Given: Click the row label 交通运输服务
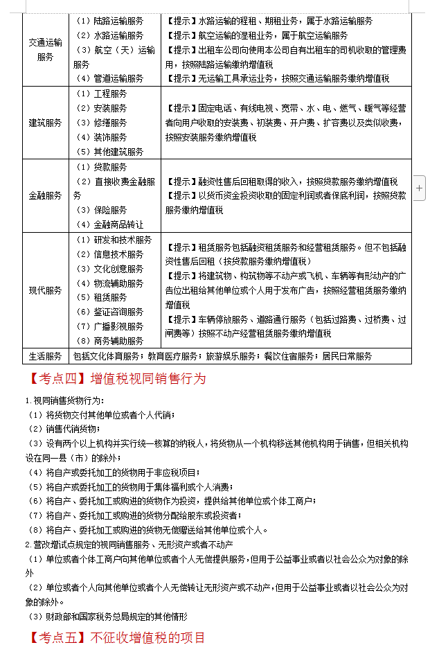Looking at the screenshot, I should coord(45,50).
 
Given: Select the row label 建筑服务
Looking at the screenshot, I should coord(45,123).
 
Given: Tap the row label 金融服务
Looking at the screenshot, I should coord(45,196).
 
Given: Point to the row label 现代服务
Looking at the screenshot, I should coord(45,290).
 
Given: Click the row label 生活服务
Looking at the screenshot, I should coord(45,356).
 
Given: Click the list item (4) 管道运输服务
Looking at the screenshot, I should coord(109,79).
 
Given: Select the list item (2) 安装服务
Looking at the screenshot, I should coord(100,108).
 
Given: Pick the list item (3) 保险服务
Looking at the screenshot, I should coord(100,210).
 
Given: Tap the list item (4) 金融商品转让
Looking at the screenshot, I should coord(109,224).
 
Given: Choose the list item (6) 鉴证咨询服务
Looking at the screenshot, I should coord(109,312).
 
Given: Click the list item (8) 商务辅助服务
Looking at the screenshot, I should coord(109,341).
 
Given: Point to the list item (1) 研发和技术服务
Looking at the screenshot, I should coord(113,240).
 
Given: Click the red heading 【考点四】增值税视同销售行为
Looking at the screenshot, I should coord(118,379).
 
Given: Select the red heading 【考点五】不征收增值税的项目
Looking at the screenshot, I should coord(118,637).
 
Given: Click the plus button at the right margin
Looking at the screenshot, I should coord(420,188).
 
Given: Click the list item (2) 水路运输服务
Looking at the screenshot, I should coord(109,35).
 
